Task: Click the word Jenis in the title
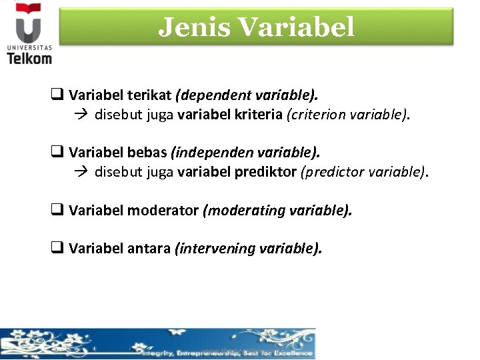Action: click(x=193, y=27)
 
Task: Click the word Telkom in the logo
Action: click(x=29, y=58)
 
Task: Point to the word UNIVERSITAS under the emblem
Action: click(x=29, y=47)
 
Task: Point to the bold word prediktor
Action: click(x=266, y=172)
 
